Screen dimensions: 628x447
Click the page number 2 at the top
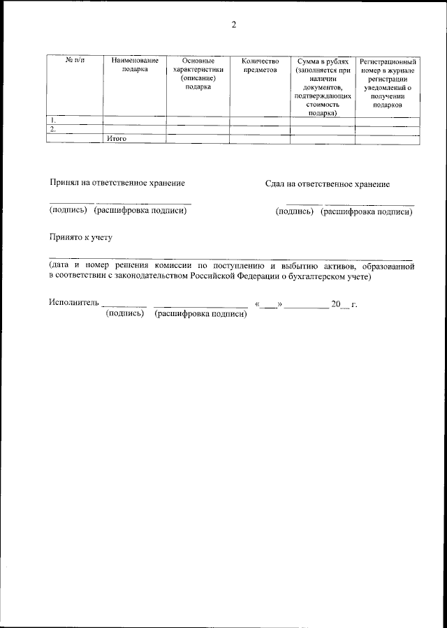(234, 26)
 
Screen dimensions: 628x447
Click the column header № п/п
(75, 61)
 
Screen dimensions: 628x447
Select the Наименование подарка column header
(135, 66)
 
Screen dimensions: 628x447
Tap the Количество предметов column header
(260, 66)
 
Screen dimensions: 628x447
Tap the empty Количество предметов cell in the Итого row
(260, 139)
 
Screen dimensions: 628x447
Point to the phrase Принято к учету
(80, 237)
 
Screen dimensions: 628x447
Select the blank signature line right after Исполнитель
(124, 305)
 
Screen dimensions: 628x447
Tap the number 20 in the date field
(336, 304)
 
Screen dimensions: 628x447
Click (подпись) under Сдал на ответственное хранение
(295, 211)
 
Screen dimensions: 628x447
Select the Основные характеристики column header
(198, 74)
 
